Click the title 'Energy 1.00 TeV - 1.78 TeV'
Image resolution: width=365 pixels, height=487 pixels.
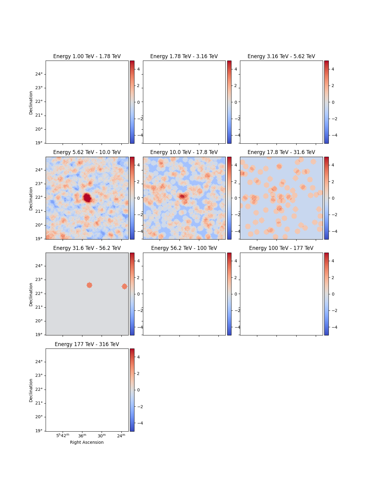point(87,56)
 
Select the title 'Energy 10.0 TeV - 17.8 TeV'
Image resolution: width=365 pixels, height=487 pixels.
point(184,152)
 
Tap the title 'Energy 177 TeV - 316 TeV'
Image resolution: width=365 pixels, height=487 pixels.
point(87,344)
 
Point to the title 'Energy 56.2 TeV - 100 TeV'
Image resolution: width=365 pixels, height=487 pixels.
point(184,248)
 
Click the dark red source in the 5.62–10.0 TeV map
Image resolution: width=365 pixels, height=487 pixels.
point(87,198)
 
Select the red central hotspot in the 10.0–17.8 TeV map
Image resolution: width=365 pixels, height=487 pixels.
point(182,197)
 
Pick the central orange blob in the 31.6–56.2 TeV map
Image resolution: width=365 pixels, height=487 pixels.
point(89,285)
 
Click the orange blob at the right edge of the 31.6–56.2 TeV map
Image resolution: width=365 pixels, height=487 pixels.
point(124,286)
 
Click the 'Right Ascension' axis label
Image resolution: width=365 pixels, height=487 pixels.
point(87,442)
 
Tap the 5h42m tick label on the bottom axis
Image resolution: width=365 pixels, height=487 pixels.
point(63,436)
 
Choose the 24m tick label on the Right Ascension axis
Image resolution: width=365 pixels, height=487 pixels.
point(121,436)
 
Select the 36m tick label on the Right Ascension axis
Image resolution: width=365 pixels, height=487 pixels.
point(82,436)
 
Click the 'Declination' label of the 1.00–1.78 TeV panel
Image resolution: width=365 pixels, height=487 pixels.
point(31,103)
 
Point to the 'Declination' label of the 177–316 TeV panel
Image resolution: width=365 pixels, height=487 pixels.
point(31,390)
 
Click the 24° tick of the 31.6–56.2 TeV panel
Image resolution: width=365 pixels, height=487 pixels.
point(39,266)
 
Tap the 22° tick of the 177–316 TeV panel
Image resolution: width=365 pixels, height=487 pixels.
point(39,389)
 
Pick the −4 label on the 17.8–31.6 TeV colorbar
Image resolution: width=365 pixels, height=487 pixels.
point(334,231)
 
